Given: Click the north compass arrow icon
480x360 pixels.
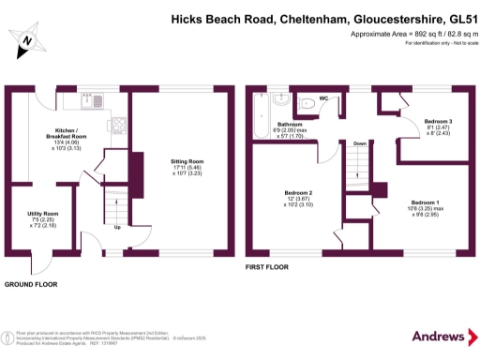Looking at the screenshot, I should (29, 38).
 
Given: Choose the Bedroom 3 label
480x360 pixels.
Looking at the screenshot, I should (438, 122).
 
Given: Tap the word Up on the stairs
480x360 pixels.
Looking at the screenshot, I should (116, 227).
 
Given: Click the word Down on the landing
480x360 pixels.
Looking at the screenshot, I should (359, 143).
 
